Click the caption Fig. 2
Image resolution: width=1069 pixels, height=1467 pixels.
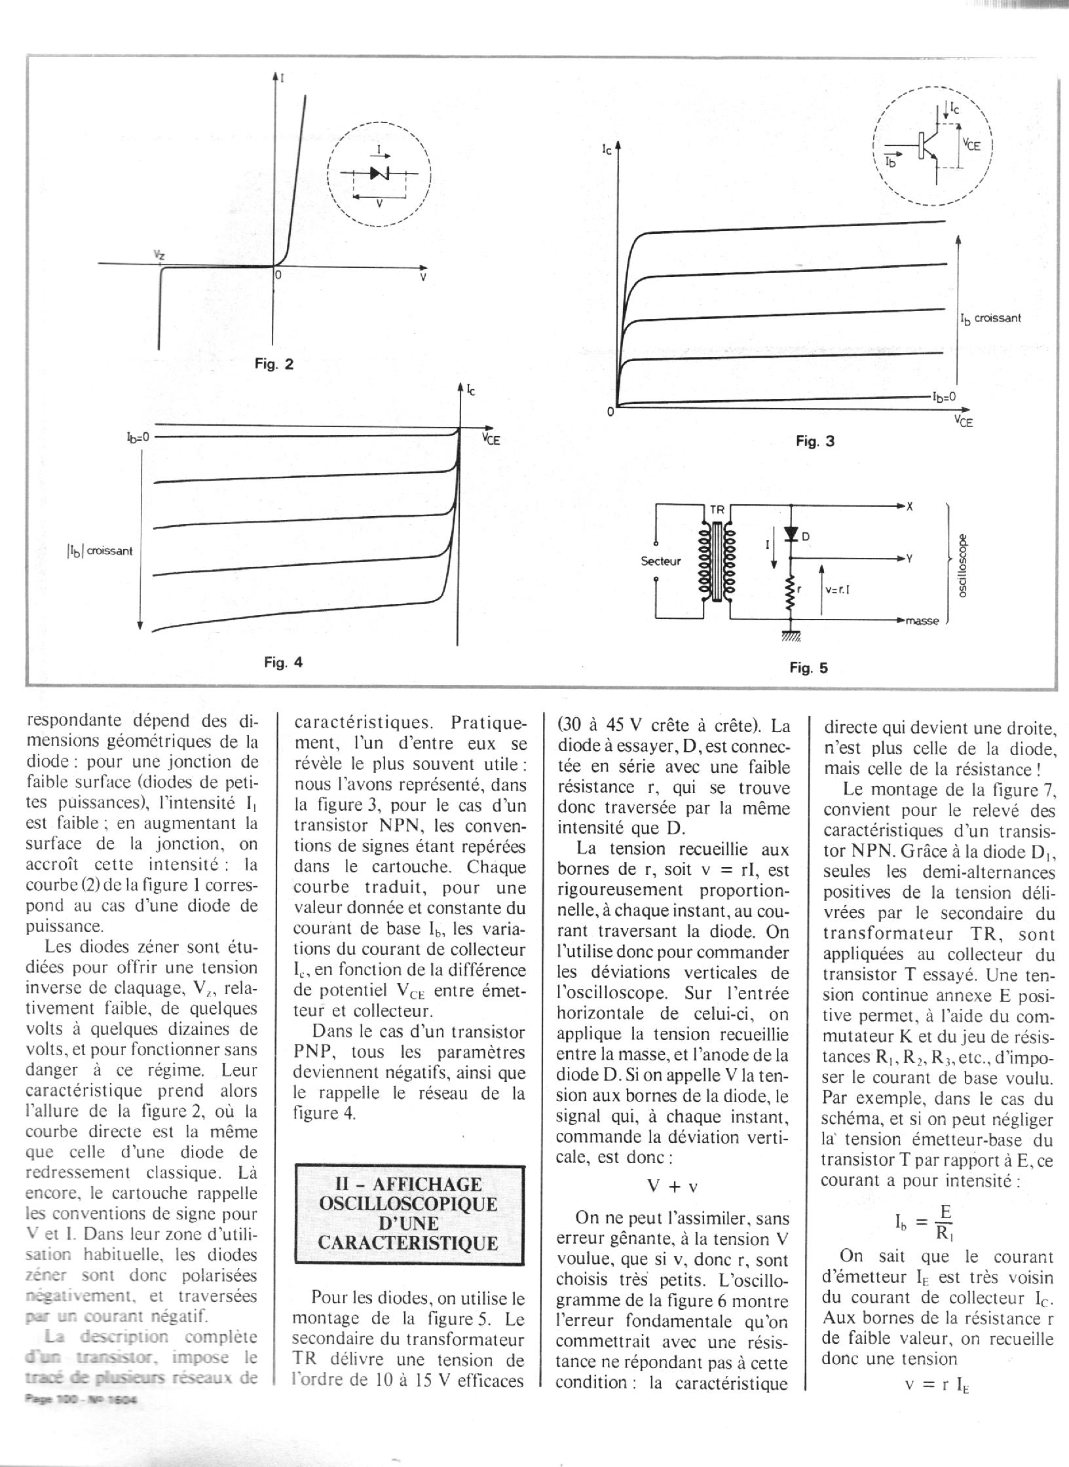(274, 364)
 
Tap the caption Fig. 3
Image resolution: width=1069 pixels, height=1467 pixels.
(815, 441)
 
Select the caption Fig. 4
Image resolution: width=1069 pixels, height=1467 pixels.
(283, 662)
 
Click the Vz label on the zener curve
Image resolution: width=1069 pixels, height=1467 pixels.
(159, 254)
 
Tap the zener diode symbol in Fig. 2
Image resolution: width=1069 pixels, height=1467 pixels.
(379, 173)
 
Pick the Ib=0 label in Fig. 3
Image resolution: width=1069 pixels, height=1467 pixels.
(945, 396)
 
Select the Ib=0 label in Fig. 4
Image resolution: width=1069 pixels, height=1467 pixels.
(138, 436)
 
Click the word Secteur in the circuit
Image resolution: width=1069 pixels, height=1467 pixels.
(661, 561)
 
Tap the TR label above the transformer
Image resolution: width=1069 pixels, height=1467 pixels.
(719, 508)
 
